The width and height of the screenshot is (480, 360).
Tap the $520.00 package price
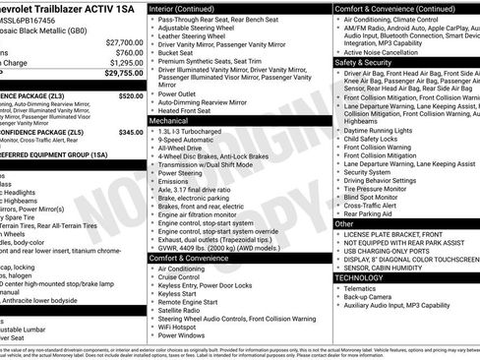click(130, 96)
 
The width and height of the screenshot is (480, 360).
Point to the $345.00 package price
click(130, 131)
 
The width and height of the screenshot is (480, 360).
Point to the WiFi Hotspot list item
click(182, 324)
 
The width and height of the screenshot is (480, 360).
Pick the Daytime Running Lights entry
click(386, 130)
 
